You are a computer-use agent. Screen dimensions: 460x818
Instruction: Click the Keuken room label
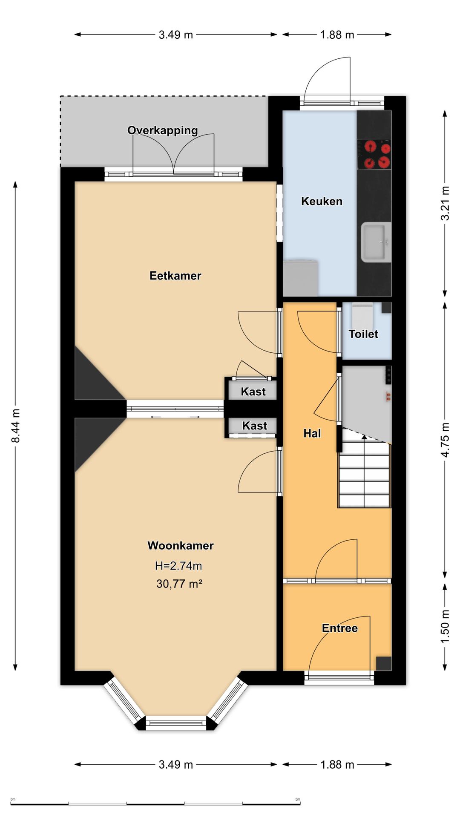pyautogui.click(x=322, y=201)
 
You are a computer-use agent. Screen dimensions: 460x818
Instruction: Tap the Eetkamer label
pyautogui.click(x=175, y=276)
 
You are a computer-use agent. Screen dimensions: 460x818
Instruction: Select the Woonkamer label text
pyautogui.click(x=181, y=545)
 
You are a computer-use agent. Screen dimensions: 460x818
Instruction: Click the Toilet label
pyautogui.click(x=363, y=334)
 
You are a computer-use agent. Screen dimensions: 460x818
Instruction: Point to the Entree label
pyautogui.click(x=340, y=628)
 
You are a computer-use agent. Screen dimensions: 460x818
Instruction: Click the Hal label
pyautogui.click(x=312, y=433)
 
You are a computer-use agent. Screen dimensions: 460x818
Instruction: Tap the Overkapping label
pyautogui.click(x=163, y=130)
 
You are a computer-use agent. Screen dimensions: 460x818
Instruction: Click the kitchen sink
pyautogui.click(x=376, y=242)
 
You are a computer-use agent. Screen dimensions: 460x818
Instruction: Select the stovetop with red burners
pyautogui.click(x=374, y=154)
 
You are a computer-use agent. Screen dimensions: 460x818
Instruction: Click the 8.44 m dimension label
pyautogui.click(x=15, y=426)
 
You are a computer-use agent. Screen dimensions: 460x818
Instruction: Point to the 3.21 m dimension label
pyautogui.click(x=445, y=203)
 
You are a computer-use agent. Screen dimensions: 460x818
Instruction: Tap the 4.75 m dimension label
pyautogui.click(x=445, y=440)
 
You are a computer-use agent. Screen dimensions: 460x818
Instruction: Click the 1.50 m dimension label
pyautogui.click(x=445, y=627)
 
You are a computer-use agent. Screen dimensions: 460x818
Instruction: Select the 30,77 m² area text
pyautogui.click(x=179, y=584)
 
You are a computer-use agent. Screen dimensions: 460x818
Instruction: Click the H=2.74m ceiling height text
pyautogui.click(x=178, y=566)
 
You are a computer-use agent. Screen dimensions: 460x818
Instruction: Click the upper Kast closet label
pyautogui.click(x=253, y=392)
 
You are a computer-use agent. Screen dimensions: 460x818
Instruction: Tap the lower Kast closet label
pyautogui.click(x=254, y=426)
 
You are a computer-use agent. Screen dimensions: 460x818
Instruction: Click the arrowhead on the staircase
pyautogui.click(x=364, y=436)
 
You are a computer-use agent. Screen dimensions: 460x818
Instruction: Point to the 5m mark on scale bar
pyautogui.click(x=298, y=799)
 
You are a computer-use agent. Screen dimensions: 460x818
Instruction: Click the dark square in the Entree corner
pyautogui.click(x=383, y=663)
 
